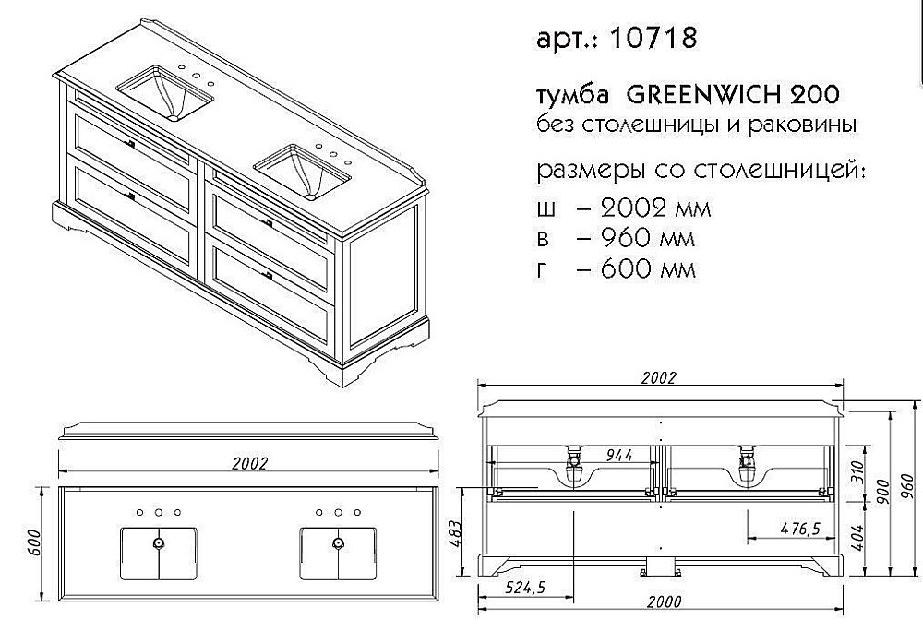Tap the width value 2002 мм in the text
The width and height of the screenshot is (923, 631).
(644, 208)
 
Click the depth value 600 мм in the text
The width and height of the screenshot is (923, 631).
(634, 270)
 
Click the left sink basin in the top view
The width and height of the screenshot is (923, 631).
(159, 554)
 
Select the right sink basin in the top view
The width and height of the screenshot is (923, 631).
(338, 554)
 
